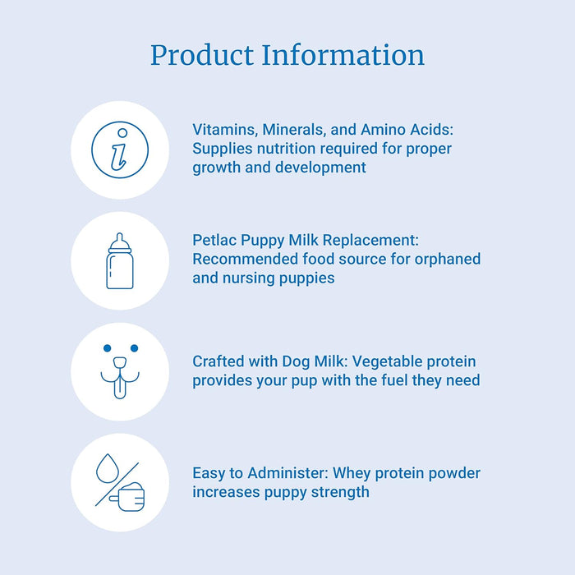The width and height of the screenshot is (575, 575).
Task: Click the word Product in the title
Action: pyautogui.click(x=201, y=55)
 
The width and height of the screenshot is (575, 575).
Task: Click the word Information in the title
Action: pyautogui.click(x=343, y=55)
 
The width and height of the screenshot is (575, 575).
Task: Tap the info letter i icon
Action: pyautogui.click(x=120, y=149)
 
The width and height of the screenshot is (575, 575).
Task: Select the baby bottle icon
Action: pyautogui.click(x=120, y=263)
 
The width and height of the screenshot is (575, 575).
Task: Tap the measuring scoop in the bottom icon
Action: pyautogui.click(x=130, y=496)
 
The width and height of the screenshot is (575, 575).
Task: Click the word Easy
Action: pyautogui.click(x=209, y=474)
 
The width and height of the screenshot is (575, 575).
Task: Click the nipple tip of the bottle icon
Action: pyautogui.click(x=120, y=237)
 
